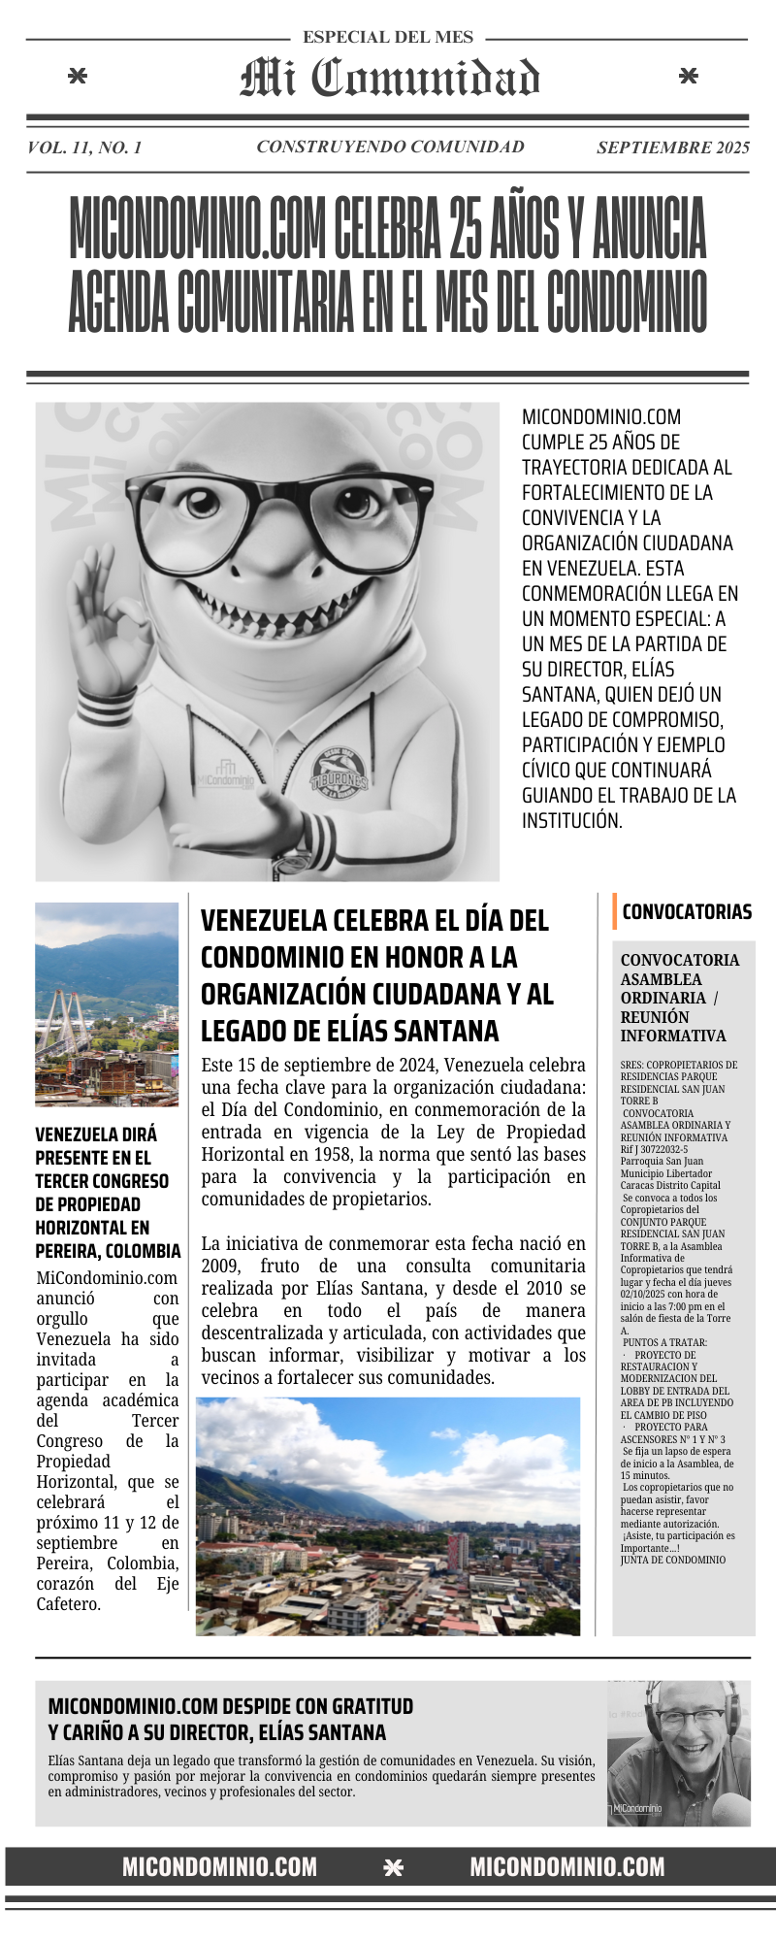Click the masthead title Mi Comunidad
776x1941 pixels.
389,79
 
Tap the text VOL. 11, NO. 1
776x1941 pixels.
85,148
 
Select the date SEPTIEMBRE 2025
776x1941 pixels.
672,148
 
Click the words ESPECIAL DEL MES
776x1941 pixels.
388,38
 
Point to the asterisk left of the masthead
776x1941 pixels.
80,77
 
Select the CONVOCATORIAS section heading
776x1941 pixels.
687,911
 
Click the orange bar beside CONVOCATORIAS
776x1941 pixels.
615,911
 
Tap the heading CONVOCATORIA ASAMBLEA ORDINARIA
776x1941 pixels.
680,998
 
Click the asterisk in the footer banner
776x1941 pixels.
393,1868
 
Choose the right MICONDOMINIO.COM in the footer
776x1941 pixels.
567,1867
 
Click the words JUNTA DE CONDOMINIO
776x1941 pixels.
673,1561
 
